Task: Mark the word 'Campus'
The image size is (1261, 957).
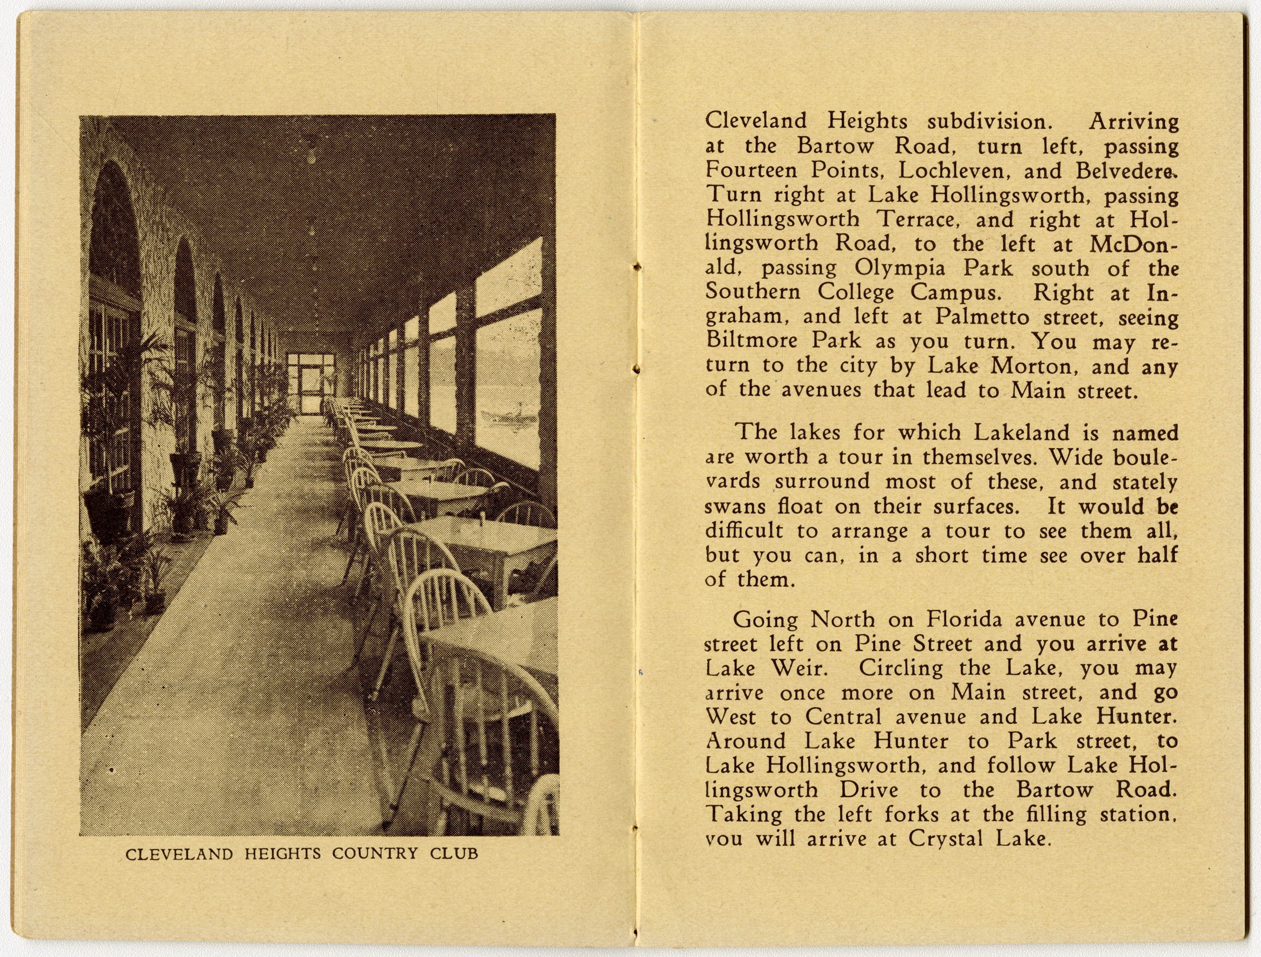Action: pos(955,292)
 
